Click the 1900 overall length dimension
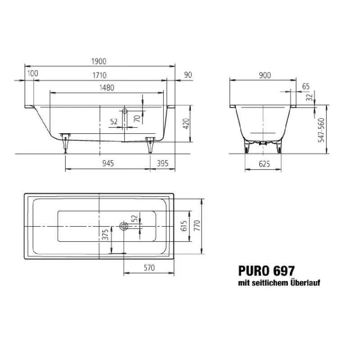(99, 62)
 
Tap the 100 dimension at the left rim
(32, 74)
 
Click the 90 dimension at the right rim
(188, 74)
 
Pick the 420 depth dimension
(185, 124)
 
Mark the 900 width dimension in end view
(265, 75)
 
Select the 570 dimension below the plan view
(148, 268)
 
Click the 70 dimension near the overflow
(137, 119)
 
